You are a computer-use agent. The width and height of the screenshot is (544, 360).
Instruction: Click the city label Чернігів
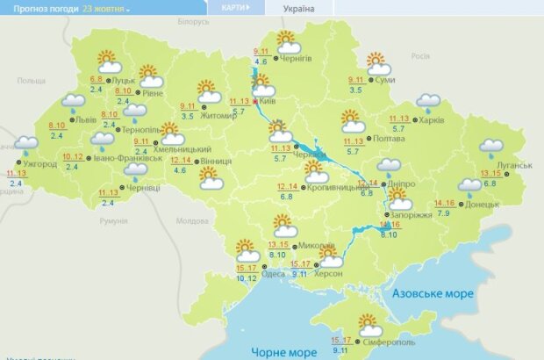tap(297, 59)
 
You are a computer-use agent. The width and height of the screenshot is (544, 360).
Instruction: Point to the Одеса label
tap(273, 275)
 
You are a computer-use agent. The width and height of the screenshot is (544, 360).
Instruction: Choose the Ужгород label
tap(39, 162)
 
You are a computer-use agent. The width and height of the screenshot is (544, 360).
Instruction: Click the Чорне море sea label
tap(284, 351)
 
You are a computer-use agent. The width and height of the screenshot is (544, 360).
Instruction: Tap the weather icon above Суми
tap(377, 64)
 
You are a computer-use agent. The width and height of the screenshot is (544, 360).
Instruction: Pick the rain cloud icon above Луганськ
tap(491, 147)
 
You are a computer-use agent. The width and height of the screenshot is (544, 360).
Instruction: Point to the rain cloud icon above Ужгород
tap(25, 142)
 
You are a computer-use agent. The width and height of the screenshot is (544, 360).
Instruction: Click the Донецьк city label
tap(483, 204)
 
